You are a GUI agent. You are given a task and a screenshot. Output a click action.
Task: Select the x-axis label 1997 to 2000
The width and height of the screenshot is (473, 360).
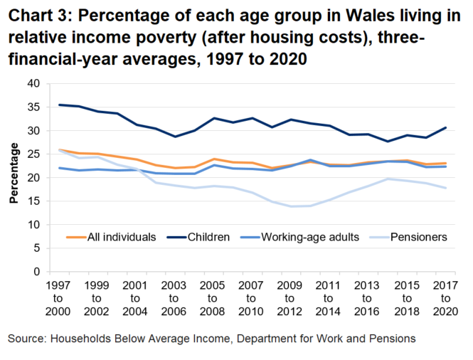pyautogui.click(x=58, y=298)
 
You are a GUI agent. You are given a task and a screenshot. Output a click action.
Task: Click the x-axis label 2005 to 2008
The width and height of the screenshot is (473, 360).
pyautogui.click(x=213, y=298)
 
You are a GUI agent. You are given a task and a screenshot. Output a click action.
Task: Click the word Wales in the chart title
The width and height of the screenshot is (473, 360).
pyautogui.click(x=365, y=16)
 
